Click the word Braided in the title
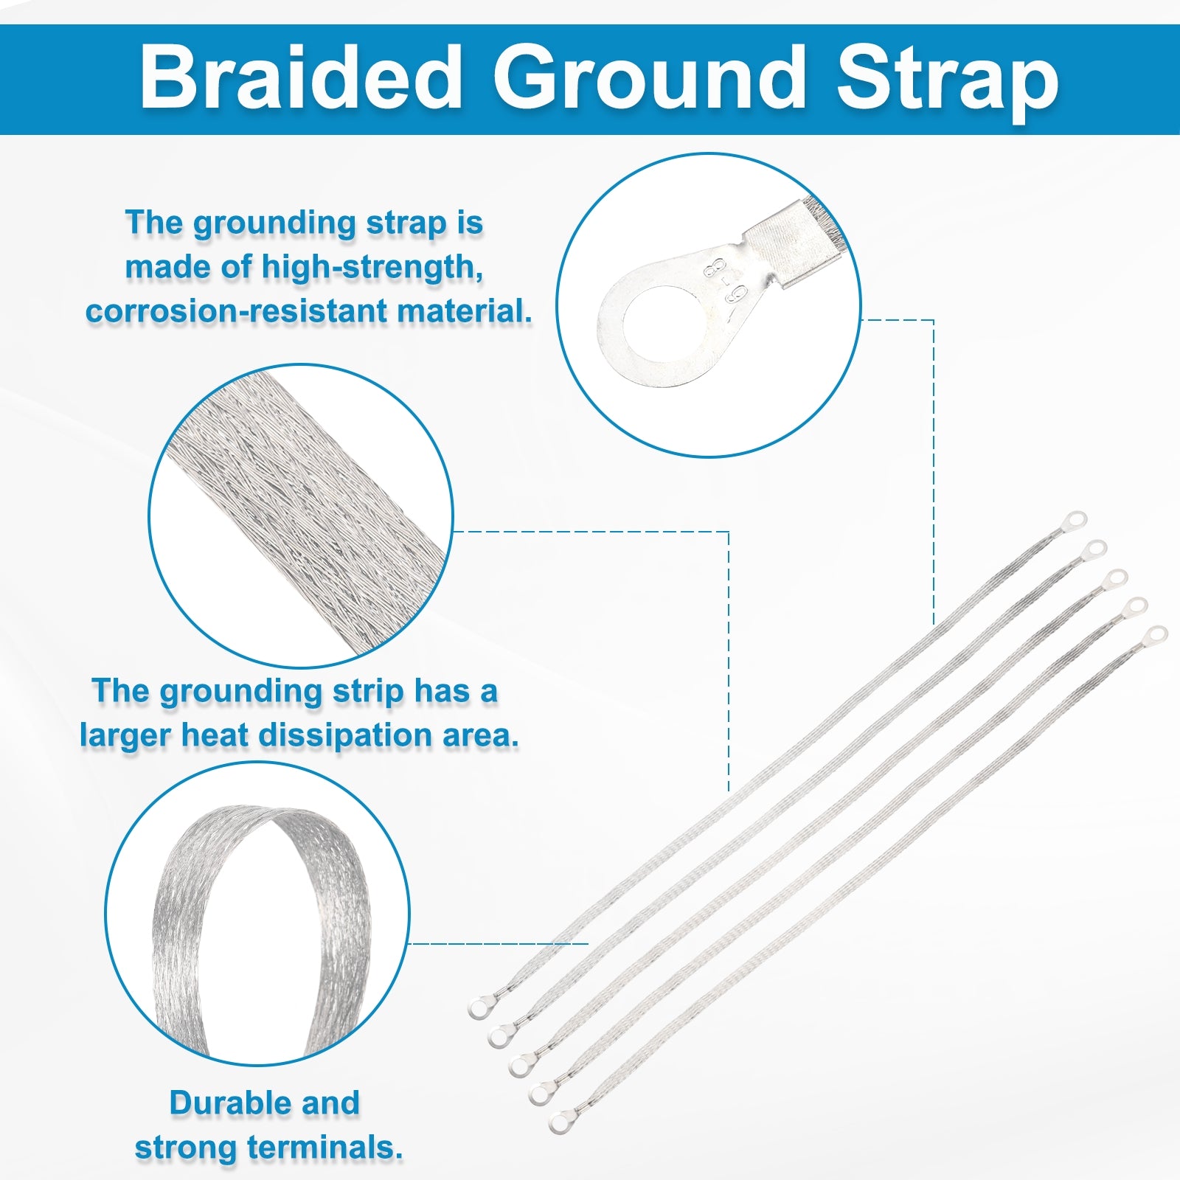302,77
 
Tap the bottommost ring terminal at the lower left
562,1122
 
